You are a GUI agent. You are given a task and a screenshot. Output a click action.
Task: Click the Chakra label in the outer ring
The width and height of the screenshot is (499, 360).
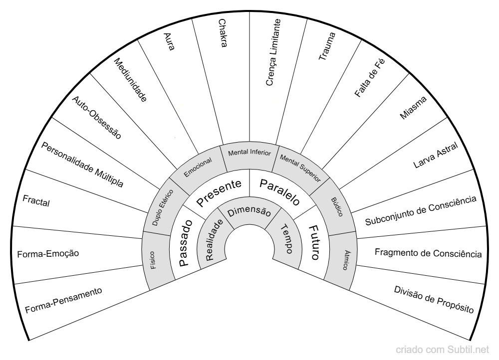click(x=223, y=33)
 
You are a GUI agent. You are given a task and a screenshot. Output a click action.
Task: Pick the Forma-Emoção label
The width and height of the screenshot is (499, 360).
click(x=48, y=254)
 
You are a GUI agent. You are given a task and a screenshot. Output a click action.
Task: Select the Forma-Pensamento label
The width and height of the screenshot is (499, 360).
click(x=63, y=301)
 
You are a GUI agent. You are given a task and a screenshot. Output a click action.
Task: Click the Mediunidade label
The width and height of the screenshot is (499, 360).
click(x=130, y=80)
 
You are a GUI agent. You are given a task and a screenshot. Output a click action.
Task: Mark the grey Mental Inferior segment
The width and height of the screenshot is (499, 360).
click(x=249, y=152)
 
